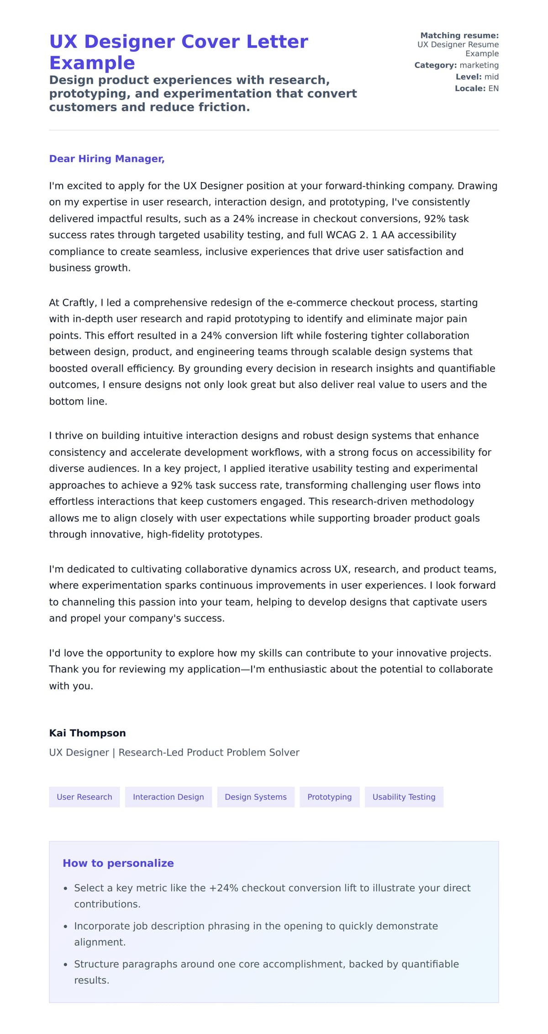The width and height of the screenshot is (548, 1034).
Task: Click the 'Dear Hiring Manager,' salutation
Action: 106,159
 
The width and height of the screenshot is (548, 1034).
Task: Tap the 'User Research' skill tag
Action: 84,797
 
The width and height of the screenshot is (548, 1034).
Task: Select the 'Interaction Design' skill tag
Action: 168,797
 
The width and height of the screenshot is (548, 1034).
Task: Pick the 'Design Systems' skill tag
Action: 255,797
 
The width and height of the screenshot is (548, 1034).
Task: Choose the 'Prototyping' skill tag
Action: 329,797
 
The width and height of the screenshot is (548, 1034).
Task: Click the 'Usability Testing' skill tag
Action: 404,797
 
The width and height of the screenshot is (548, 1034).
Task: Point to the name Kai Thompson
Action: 87,733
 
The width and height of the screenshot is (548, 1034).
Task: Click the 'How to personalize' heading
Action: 118,863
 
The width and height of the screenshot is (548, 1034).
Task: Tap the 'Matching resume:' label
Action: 459,36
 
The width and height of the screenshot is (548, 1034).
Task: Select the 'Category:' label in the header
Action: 435,65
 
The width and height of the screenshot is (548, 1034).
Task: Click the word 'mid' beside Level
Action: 491,77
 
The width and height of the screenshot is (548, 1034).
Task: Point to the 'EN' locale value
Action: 493,89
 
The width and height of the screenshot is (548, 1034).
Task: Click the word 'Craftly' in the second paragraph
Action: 78,303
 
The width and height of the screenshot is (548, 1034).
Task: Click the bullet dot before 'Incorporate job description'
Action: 65,926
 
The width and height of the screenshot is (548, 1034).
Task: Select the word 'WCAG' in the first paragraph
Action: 341,235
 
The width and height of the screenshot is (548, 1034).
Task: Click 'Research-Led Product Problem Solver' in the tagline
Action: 209,752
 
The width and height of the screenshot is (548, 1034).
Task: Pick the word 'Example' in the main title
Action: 92,63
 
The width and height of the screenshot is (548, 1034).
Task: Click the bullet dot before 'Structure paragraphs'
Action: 65,964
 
